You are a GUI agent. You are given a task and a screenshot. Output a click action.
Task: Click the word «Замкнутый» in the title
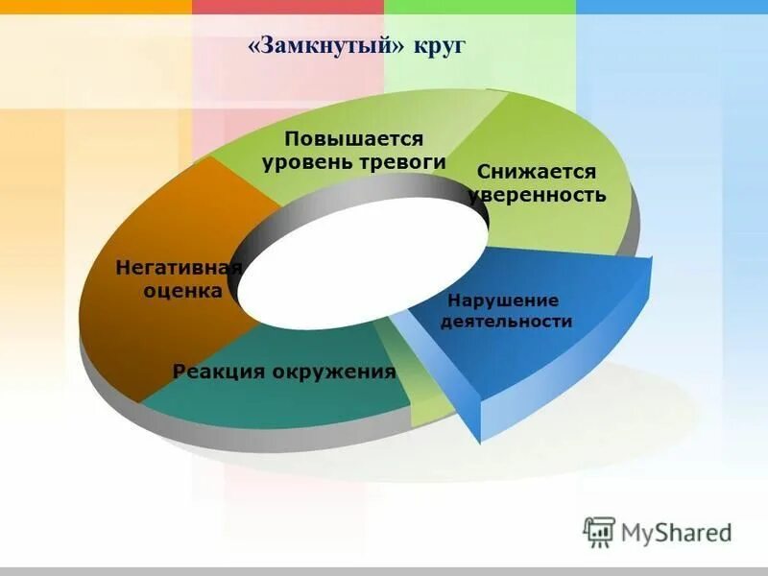click(x=329, y=47)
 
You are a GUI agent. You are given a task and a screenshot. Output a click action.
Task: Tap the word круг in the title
click(x=441, y=47)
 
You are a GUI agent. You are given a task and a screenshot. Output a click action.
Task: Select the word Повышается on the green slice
click(x=352, y=138)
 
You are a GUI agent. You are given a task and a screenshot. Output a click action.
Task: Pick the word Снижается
click(x=536, y=172)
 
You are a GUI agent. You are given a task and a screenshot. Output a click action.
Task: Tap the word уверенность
click(x=537, y=195)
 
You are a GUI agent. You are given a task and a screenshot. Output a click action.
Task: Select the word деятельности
click(x=506, y=322)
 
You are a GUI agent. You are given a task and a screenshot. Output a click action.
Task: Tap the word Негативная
click(x=178, y=267)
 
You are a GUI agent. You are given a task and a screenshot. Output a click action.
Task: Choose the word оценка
click(x=183, y=290)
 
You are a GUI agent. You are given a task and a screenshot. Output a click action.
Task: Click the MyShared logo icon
click(x=599, y=532)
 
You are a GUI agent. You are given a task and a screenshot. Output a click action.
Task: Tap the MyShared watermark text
click(x=677, y=532)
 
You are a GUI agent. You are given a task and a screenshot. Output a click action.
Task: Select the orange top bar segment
click(x=96, y=6)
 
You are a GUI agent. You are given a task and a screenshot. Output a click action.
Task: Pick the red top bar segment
click(x=288, y=6)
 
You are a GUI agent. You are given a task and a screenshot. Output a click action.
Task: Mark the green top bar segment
click(x=480, y=6)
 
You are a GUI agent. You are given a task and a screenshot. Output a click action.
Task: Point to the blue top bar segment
click(x=672, y=6)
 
